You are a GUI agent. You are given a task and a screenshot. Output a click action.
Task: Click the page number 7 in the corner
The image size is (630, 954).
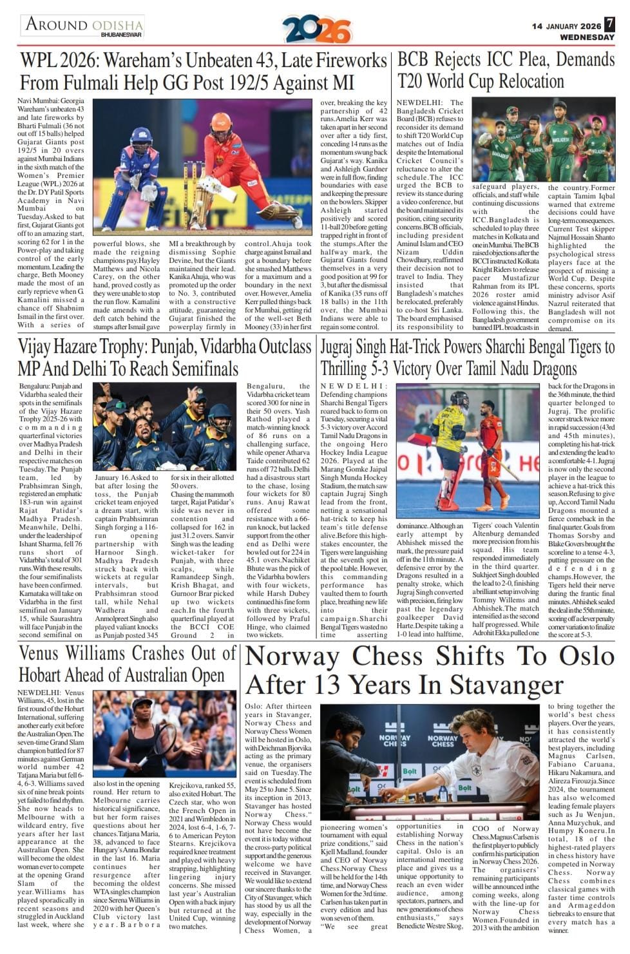609,25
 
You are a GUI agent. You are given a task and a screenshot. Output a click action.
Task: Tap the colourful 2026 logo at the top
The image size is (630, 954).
316,30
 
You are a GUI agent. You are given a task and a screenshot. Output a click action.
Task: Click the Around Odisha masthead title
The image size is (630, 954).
82,24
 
